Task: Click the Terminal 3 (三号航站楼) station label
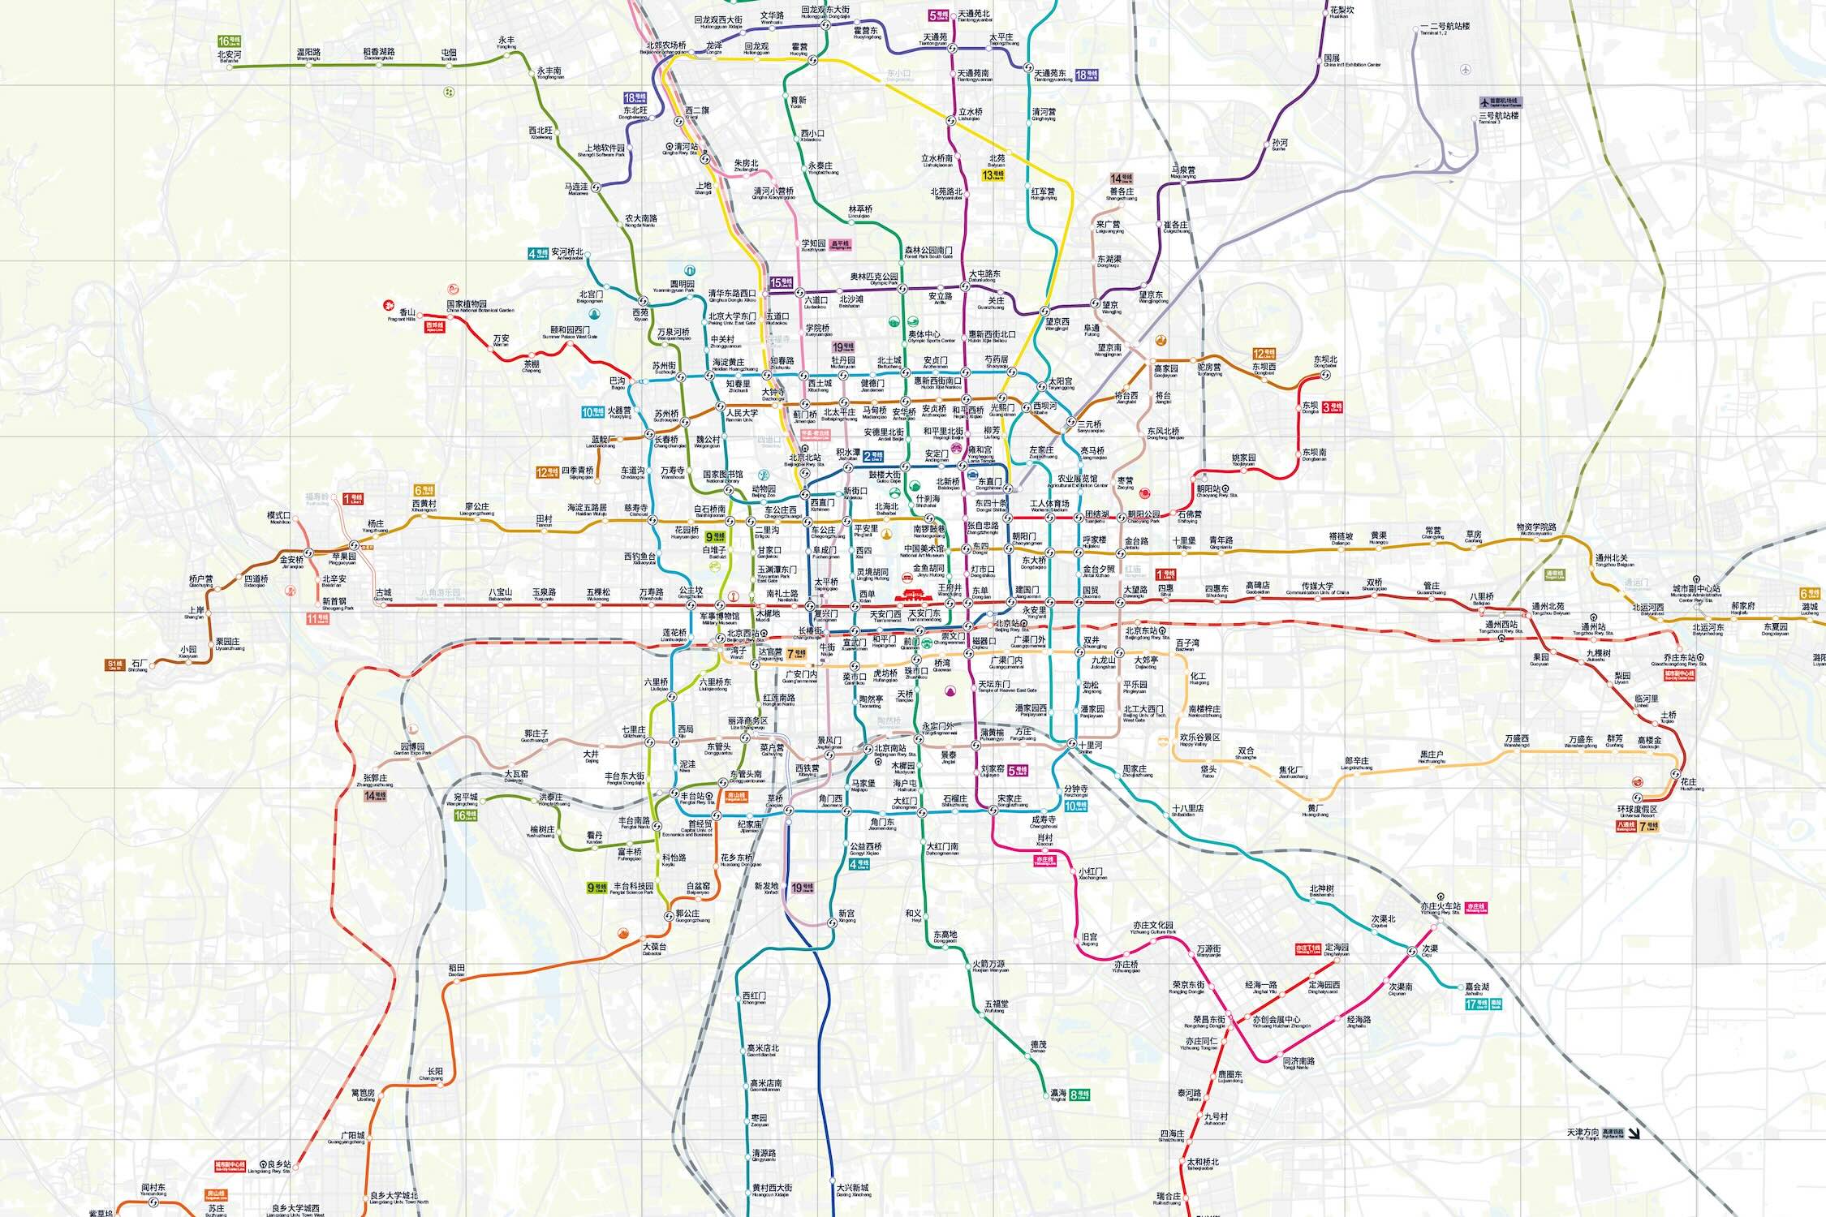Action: [x=1498, y=116]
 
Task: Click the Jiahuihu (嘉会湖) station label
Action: [x=1477, y=988]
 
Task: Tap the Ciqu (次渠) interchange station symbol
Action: [x=1413, y=951]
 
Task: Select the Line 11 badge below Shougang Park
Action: [x=317, y=618]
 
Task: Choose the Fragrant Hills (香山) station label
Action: [x=407, y=313]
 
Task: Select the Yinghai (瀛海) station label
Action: [x=1058, y=1094]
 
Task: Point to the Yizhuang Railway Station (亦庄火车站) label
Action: [x=1441, y=907]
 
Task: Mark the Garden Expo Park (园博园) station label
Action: [x=412, y=747]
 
